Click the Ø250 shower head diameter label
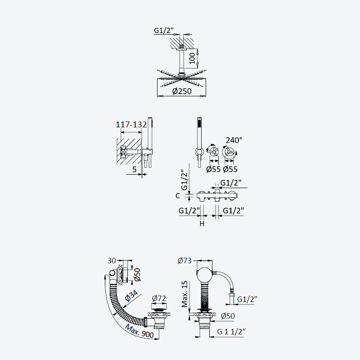point(182,91)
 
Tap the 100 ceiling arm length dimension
point(193,58)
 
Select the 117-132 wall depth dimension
point(131,125)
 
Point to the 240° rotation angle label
point(234,140)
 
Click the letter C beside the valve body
point(178,196)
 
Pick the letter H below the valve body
point(202,223)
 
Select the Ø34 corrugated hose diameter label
point(131,296)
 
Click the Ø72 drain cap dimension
point(159,298)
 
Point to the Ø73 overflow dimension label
point(184,261)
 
